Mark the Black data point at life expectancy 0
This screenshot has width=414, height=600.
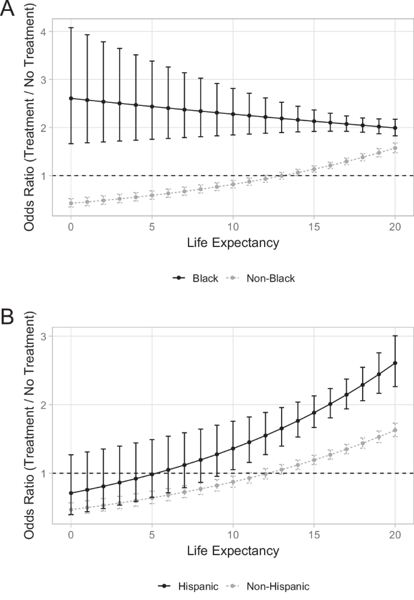click(71, 98)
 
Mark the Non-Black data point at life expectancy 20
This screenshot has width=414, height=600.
click(395, 148)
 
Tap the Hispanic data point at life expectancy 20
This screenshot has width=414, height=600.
click(395, 363)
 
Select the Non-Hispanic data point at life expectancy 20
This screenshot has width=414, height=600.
click(395, 430)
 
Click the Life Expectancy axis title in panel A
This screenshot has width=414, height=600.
click(233, 243)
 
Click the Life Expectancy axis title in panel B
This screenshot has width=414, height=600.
click(233, 552)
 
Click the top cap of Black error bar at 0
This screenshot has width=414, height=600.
click(71, 27)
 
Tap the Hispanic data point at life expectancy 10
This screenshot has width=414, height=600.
click(233, 449)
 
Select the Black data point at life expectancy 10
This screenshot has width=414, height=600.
click(233, 114)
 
